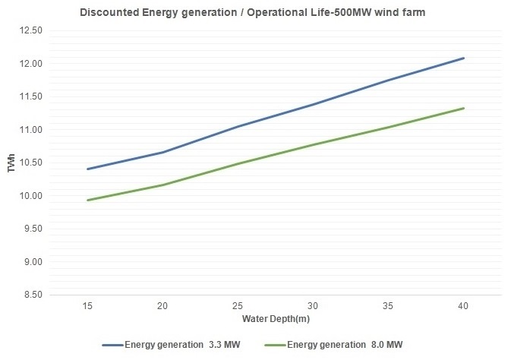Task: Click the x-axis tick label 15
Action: click(87, 305)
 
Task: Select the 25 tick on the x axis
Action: click(238, 305)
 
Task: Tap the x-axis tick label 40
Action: click(463, 305)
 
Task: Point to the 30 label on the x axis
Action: click(313, 305)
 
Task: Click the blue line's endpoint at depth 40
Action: click(463, 58)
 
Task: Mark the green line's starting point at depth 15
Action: click(87, 201)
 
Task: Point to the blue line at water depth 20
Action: click(162, 153)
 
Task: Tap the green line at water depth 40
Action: click(463, 108)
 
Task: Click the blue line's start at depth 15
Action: click(87, 169)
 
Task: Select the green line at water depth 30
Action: click(313, 144)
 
